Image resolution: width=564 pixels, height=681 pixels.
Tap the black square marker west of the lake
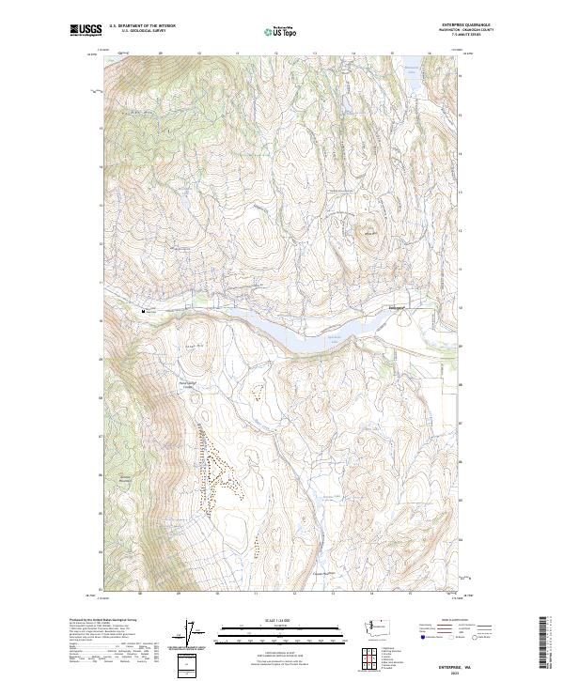(144, 310)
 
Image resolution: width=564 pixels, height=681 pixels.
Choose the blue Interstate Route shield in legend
(419, 637)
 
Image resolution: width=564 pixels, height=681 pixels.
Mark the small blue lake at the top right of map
(412, 68)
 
